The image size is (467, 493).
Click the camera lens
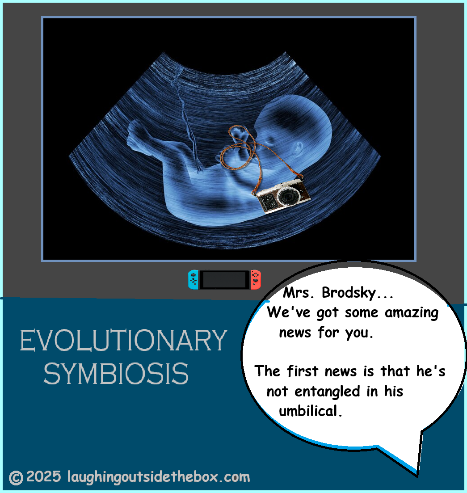point(287,196)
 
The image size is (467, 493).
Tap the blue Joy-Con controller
point(193,279)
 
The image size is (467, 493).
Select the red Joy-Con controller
point(256,279)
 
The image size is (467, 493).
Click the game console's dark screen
point(224,279)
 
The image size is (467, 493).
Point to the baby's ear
point(298,147)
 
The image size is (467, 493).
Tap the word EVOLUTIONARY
point(123,340)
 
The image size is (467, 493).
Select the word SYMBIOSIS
point(116,374)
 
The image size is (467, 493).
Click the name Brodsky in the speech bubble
point(349,293)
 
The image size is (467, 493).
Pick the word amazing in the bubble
point(412,313)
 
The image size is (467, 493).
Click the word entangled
point(327,392)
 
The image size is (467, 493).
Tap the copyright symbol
point(16,478)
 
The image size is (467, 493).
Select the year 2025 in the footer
point(44,476)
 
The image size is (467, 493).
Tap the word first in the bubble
point(303,371)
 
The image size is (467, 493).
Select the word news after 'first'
point(341,371)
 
